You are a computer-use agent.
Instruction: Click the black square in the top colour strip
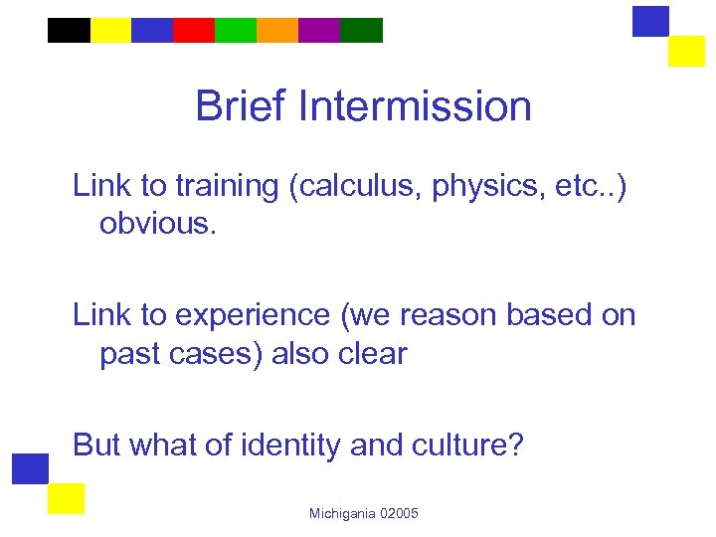[x=69, y=31]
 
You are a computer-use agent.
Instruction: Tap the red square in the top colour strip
[x=194, y=31]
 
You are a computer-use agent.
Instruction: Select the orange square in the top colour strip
[x=277, y=31]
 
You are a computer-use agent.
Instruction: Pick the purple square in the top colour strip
[x=319, y=31]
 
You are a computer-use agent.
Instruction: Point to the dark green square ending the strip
[x=361, y=31]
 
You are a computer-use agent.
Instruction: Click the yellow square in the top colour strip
[x=110, y=31]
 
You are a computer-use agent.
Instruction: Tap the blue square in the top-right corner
[x=651, y=21]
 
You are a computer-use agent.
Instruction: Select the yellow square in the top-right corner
[x=686, y=51]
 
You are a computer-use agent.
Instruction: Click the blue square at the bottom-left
[x=31, y=468]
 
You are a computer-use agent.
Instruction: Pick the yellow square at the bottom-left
[x=66, y=498]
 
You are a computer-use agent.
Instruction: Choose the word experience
[x=251, y=315]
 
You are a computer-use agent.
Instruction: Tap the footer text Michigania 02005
[x=364, y=513]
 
